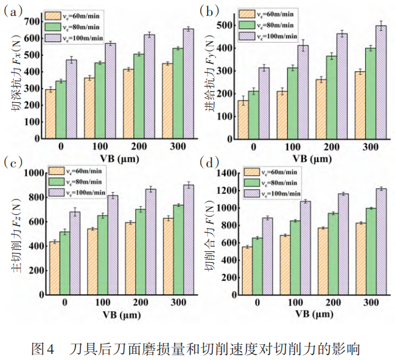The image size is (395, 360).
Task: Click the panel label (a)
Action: coord(13,10)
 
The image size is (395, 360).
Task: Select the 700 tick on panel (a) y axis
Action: coord(31,21)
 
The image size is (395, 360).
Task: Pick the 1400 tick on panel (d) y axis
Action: coord(226,173)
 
